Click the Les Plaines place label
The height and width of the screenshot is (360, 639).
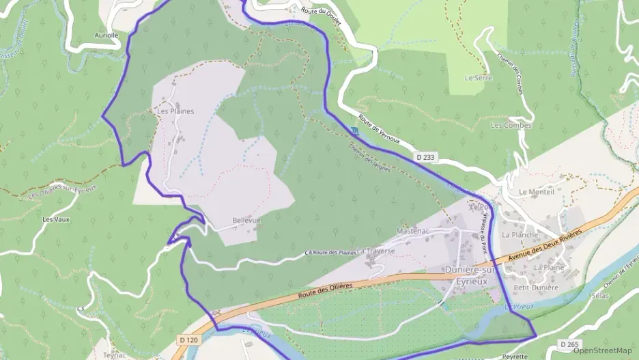click(175, 111)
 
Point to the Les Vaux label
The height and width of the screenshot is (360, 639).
click(57, 219)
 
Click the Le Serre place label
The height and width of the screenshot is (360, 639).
click(478, 78)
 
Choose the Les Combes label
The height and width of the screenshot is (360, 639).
click(511, 125)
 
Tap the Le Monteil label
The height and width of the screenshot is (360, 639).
click(537, 192)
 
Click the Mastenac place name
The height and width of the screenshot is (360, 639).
click(412, 231)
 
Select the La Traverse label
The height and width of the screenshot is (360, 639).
click(376, 251)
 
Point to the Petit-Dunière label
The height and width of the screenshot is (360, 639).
click(536, 288)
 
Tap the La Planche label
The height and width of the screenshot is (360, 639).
click(520, 234)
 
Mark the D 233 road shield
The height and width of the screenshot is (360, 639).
click(425, 157)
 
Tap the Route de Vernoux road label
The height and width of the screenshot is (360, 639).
click(379, 131)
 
